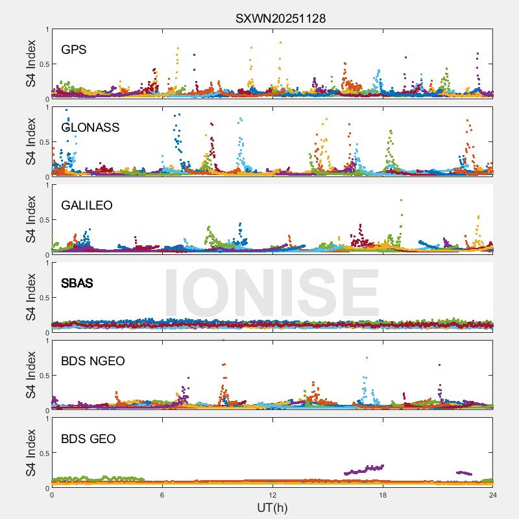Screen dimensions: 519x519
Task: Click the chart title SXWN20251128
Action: tap(280, 19)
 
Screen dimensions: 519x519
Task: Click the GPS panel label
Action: tap(74, 50)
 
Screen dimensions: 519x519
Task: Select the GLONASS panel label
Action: tap(90, 128)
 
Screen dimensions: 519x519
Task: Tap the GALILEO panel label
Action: tap(86, 206)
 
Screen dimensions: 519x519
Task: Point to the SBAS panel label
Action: tap(77, 284)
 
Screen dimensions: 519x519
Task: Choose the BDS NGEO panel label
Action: tap(93, 361)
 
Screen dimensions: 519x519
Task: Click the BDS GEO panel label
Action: tap(88, 439)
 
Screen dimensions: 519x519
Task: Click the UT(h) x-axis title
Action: tap(272, 507)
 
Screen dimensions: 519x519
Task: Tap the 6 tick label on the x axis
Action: tap(162, 494)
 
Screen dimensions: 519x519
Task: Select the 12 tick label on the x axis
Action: tap(272, 494)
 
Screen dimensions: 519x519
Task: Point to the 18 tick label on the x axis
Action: tap(383, 494)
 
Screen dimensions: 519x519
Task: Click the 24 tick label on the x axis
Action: tap(493, 494)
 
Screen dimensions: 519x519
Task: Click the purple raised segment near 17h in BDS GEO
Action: tap(367, 469)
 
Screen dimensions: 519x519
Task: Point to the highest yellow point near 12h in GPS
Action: tap(280, 43)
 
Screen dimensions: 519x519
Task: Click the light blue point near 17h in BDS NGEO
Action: tap(367, 357)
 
